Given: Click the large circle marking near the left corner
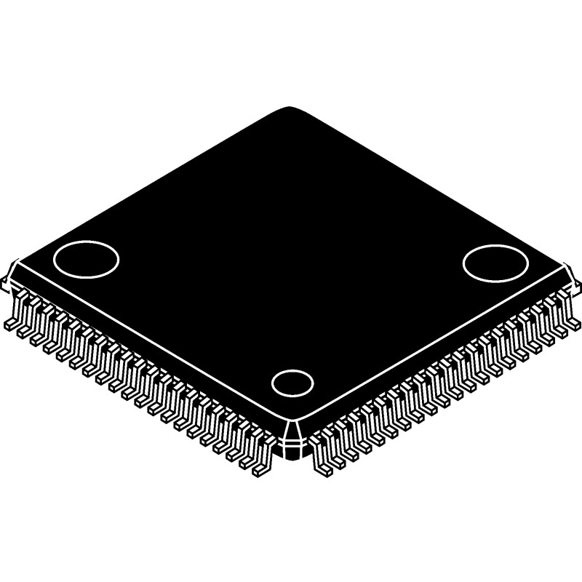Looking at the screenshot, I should [x=86, y=258].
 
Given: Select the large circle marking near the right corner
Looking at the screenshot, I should [x=495, y=261].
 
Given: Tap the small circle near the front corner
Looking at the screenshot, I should [x=292, y=383].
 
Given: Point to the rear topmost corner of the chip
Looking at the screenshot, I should [x=292, y=109].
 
